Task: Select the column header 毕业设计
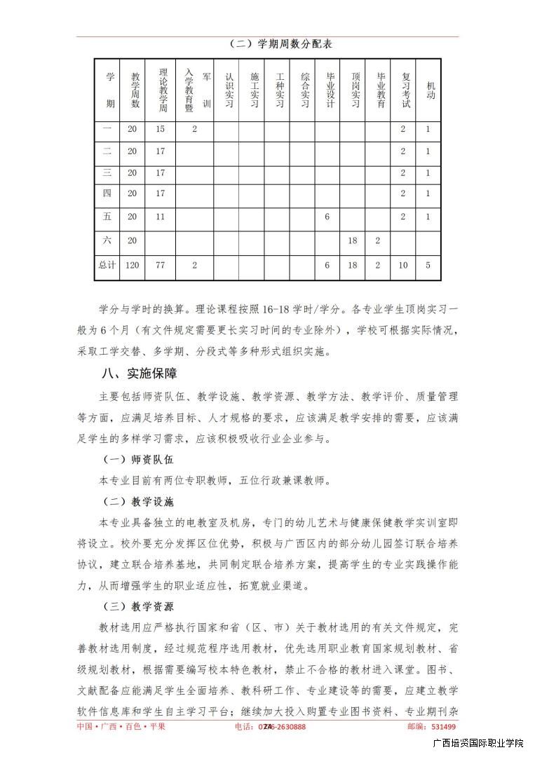[327, 90]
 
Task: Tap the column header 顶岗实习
[353, 90]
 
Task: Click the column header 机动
[428, 90]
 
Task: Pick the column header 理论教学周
[161, 90]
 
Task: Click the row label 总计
[107, 266]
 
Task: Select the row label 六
[107, 240]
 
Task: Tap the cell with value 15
[161, 129]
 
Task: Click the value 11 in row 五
[161, 217]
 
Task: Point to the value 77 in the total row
[161, 266]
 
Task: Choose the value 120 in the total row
[133, 266]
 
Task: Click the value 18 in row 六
[353, 240]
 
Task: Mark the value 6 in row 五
[327, 217]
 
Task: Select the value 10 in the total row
[403, 266]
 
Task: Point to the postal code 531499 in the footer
[443, 727]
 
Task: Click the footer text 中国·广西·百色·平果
[121, 727]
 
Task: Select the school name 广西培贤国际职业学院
[478, 744]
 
